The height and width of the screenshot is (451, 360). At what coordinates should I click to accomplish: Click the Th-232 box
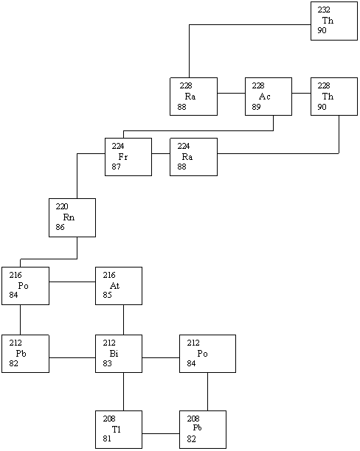tap(334, 21)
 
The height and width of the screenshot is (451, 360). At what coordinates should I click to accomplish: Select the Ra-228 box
tap(193, 97)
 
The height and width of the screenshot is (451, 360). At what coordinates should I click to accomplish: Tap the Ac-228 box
tap(269, 97)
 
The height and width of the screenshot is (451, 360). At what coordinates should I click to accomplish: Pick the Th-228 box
tap(334, 97)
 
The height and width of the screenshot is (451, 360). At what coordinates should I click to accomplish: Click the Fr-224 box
tap(128, 157)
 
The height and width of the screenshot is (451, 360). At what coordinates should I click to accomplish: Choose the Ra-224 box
tap(193, 157)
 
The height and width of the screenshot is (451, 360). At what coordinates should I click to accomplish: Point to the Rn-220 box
tap(72, 217)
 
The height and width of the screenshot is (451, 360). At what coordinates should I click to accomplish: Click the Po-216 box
tap(25, 286)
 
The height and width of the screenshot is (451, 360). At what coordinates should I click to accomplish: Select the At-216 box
tap(119, 286)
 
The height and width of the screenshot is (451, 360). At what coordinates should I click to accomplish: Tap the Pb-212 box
tap(25, 354)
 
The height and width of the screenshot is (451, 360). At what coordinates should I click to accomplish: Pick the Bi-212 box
tap(119, 354)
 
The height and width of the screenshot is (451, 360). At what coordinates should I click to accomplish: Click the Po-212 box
tap(207, 354)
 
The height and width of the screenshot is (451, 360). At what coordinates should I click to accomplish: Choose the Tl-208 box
tap(119, 430)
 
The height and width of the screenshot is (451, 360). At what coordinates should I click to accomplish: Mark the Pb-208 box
tap(203, 430)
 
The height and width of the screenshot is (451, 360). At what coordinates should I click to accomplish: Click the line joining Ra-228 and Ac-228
tap(231, 93)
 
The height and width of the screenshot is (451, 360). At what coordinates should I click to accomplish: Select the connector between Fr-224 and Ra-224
tap(161, 153)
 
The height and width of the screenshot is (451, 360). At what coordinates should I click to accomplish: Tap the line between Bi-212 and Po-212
tap(161, 358)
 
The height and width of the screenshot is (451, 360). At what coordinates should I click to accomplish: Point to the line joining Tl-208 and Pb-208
tap(161, 433)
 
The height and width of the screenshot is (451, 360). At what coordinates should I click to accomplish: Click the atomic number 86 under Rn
tap(60, 227)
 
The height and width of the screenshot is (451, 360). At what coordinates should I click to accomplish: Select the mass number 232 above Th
tap(324, 10)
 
